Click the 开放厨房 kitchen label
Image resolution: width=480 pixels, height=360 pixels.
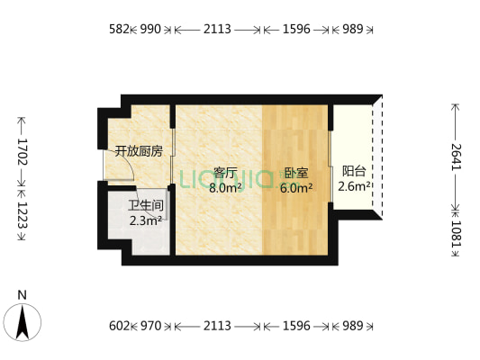(x=138, y=151)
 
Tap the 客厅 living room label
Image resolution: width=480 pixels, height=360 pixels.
(x=224, y=173)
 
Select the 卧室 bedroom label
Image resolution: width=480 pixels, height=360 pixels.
(x=295, y=173)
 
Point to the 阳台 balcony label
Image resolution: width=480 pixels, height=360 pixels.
(x=354, y=171)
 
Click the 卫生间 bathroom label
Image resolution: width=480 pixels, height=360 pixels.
(x=146, y=204)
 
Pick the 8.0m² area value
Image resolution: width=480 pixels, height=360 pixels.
(x=224, y=188)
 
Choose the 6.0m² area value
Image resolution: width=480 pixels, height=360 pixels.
(x=295, y=188)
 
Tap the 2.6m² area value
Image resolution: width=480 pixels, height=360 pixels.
(x=354, y=187)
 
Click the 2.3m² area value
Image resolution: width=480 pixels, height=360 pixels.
(x=146, y=220)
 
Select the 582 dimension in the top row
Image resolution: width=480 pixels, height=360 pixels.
(x=120, y=29)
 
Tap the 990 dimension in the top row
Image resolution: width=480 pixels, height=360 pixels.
(x=150, y=29)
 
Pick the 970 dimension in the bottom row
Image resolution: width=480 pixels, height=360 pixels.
(x=150, y=326)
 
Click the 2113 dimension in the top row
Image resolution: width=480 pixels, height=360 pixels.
(x=217, y=29)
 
